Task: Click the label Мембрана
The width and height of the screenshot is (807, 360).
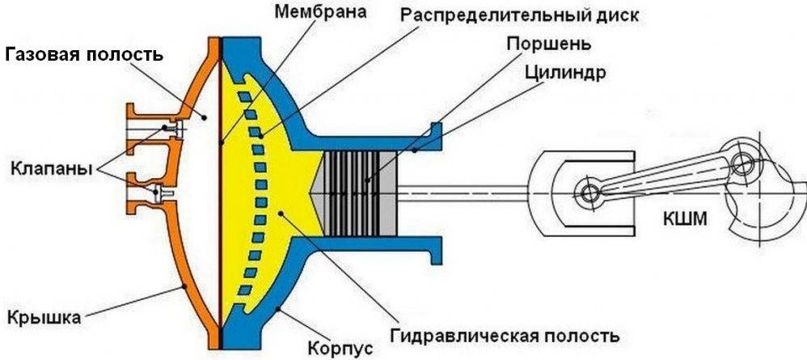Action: pos(320,13)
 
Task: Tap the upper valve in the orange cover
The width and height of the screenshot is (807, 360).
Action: pos(167,128)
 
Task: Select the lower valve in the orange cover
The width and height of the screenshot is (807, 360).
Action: pos(162,192)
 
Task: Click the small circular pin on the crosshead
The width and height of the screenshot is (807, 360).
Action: pos(587,193)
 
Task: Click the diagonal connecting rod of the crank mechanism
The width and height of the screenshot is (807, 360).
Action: pos(663,180)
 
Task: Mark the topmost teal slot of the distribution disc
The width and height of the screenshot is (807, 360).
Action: pos(239,96)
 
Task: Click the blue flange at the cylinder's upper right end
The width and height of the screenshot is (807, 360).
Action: pos(434,138)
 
